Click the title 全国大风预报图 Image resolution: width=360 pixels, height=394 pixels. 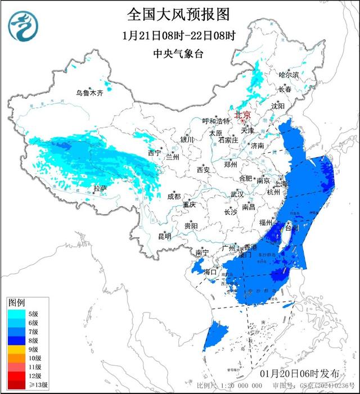click(x=178, y=13)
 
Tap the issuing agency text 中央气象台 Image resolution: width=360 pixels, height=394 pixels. click(x=179, y=54)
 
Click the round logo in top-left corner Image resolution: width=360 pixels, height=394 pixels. click(x=24, y=26)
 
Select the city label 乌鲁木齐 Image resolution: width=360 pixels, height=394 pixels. click(x=90, y=93)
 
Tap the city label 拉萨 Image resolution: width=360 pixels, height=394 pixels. click(x=100, y=188)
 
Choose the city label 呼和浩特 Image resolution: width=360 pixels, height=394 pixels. click(x=216, y=121)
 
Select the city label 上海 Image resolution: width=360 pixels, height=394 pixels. click(x=281, y=184)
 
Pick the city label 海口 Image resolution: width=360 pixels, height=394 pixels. click(x=210, y=272)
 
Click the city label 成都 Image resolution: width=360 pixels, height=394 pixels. click(x=174, y=196)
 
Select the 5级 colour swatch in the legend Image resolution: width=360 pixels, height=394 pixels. click(x=14, y=314)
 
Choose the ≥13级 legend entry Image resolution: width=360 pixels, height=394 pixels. click(x=34, y=385)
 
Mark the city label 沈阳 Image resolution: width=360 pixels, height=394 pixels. click(x=278, y=106)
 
